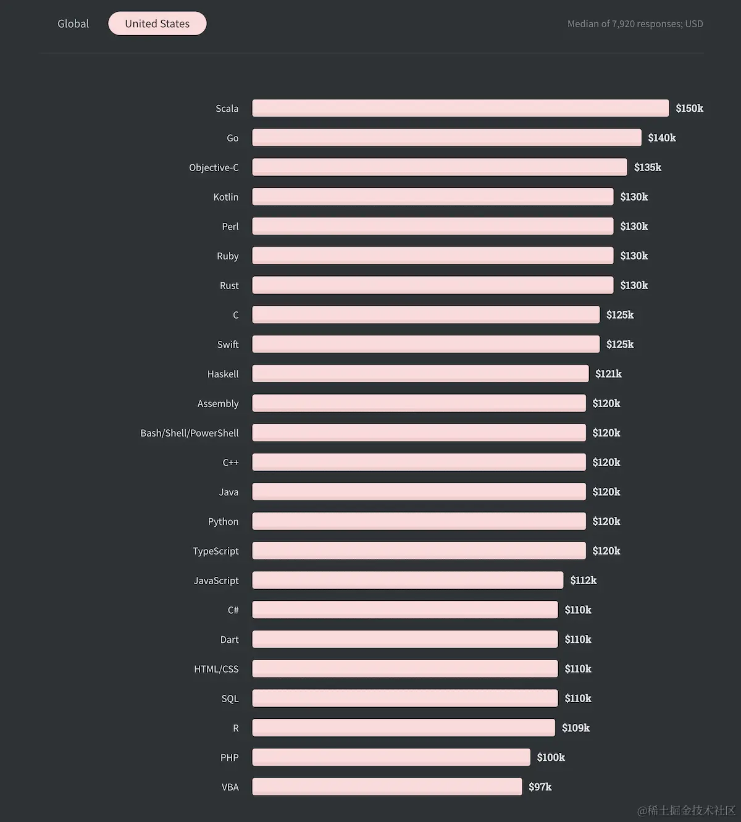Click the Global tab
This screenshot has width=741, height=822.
[x=73, y=23]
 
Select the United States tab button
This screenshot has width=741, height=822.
[x=157, y=23]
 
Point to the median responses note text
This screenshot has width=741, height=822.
[x=635, y=23]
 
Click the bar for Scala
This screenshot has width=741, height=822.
[x=460, y=108]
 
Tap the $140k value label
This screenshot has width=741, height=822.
[x=661, y=138]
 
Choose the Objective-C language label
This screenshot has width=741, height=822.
[x=214, y=167]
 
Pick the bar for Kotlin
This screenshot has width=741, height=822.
[x=432, y=196]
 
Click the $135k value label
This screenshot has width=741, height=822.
[x=647, y=167]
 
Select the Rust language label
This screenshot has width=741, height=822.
[x=229, y=285]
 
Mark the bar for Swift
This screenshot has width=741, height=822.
[x=425, y=344]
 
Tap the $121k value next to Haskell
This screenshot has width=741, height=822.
[x=608, y=374]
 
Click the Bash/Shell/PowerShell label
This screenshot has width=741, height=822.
[x=189, y=433]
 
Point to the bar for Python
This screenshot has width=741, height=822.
[x=419, y=521]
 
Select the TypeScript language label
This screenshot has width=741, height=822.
[x=216, y=551]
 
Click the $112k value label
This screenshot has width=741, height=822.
[x=583, y=580]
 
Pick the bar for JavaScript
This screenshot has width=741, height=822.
[x=408, y=580]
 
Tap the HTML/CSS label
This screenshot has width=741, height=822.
[x=216, y=669]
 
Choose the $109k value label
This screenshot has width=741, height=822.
[x=576, y=728]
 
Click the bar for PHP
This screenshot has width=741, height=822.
[x=391, y=757]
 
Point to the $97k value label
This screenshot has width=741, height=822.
[x=540, y=787]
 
